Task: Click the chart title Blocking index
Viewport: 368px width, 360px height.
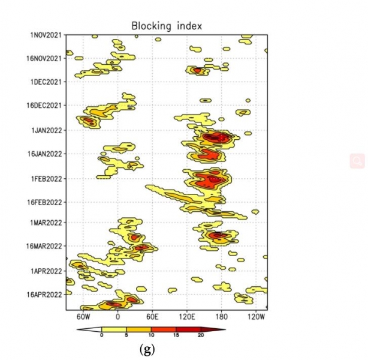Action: pos(167,25)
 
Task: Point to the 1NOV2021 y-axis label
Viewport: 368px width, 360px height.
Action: pos(46,35)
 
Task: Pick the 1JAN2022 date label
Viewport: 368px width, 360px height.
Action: pos(46,130)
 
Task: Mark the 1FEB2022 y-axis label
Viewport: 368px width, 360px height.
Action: pos(46,178)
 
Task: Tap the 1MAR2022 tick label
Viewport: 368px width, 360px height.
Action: pos(46,222)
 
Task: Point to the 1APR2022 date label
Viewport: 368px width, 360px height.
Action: pos(46,271)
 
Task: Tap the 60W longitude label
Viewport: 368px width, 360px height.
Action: pos(83,316)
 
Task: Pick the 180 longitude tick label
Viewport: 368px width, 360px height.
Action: pos(222,316)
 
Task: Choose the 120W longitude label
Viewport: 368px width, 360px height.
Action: pos(256,316)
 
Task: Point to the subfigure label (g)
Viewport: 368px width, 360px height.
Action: pos(146,350)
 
